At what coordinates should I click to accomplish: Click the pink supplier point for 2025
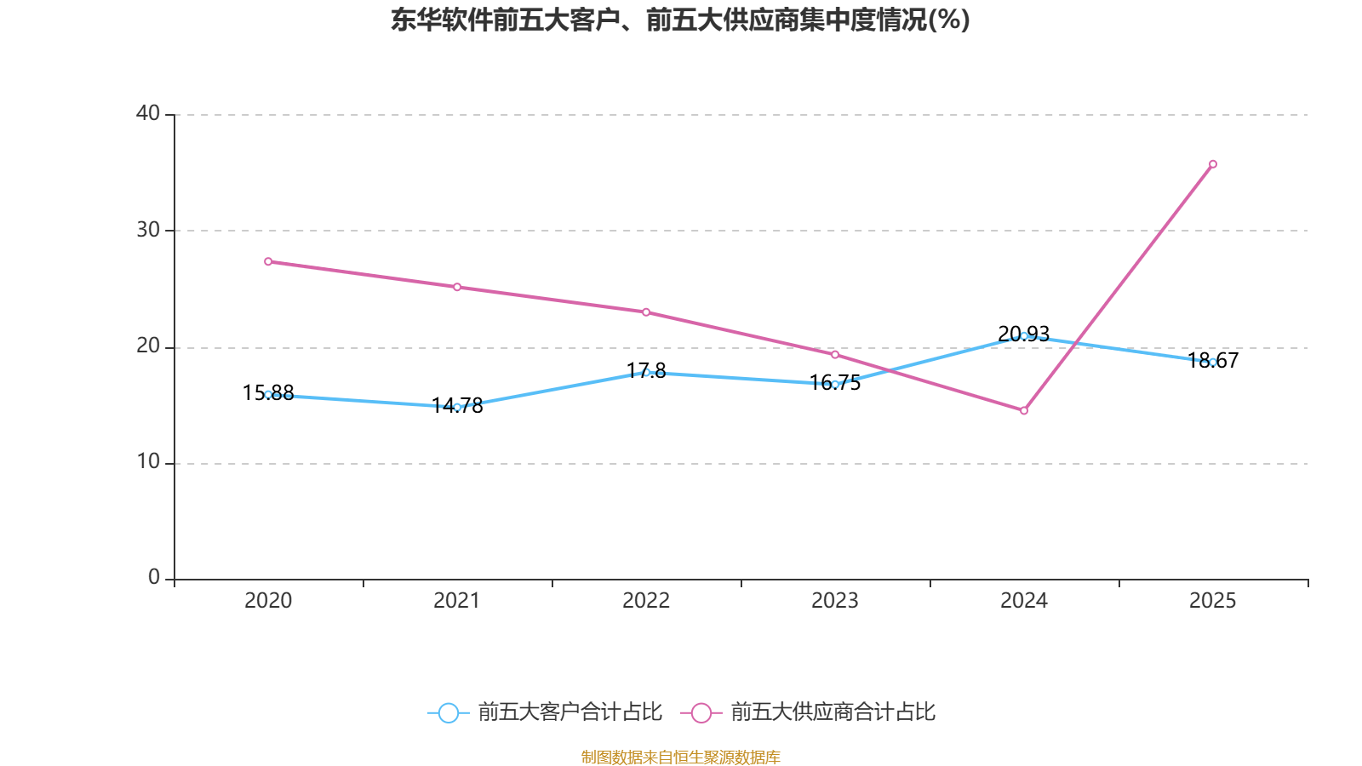[1213, 164]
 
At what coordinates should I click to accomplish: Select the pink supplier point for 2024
[1024, 411]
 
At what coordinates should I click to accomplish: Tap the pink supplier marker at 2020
[268, 261]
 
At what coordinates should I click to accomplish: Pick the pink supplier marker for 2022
[646, 312]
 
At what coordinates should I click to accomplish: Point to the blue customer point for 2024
[1024, 336]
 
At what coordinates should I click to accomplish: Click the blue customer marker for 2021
[457, 407]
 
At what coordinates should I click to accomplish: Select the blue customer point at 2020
[268, 394]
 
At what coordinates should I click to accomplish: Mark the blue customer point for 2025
[1213, 362]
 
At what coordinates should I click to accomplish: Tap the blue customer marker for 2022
[646, 372]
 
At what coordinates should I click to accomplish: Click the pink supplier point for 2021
[457, 287]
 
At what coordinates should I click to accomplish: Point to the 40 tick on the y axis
[148, 113]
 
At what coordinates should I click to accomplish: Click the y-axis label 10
[148, 462]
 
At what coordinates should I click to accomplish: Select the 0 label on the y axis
[154, 578]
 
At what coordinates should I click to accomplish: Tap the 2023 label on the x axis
[835, 601]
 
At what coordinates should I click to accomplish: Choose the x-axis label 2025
[1213, 601]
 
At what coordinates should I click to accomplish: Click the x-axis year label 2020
[268, 601]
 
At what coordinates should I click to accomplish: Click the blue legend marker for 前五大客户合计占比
[449, 712]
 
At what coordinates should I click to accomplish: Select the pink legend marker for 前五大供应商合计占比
[701, 712]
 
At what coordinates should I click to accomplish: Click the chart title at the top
[680, 20]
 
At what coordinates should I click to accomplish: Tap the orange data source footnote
[680, 757]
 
